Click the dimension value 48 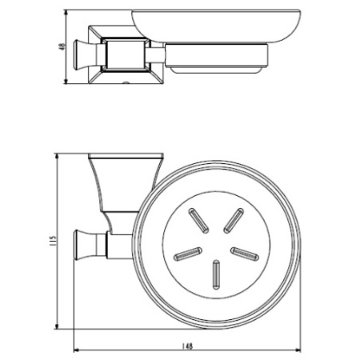62,46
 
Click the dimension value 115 53,241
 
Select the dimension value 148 187,346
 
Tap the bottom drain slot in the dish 216,274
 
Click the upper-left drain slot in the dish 198,221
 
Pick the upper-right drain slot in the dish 234,221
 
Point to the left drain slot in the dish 188,254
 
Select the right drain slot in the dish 245,254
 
